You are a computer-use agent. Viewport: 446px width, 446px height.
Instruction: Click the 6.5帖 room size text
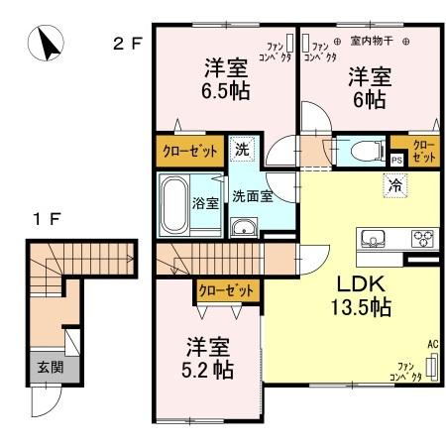(226, 91)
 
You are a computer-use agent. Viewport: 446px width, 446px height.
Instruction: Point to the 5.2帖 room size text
(210, 372)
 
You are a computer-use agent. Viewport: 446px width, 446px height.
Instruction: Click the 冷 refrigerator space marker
(393, 183)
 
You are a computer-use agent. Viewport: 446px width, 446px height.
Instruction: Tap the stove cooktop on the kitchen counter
(422, 239)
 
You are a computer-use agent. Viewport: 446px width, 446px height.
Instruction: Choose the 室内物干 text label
(372, 43)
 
